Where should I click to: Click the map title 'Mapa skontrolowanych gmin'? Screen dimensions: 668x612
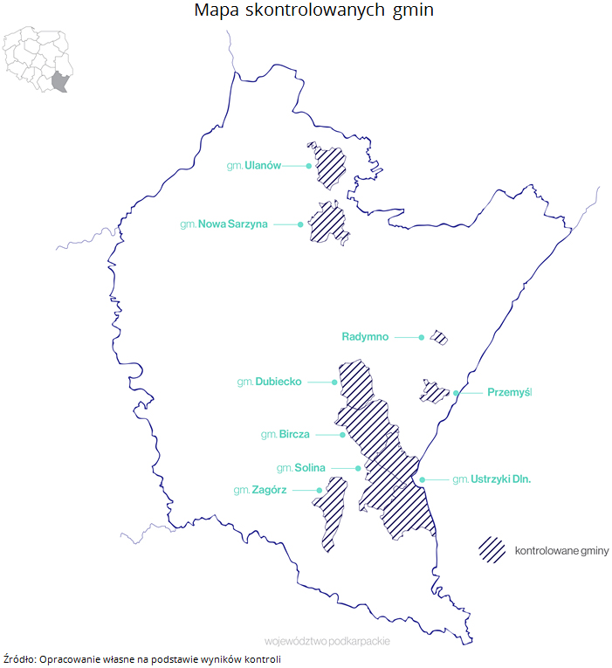click(313, 11)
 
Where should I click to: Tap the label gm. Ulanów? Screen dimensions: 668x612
click(253, 165)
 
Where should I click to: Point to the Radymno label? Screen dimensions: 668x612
click(365, 336)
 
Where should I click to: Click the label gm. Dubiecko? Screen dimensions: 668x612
click(269, 382)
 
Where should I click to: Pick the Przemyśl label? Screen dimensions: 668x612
click(510, 393)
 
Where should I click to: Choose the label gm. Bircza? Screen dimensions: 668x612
click(285, 434)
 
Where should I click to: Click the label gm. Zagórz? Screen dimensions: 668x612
click(259, 491)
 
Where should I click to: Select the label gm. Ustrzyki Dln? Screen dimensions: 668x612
click(492, 479)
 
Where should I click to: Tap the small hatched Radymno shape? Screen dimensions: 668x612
click(438, 337)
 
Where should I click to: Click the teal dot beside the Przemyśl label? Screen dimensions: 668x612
click(456, 393)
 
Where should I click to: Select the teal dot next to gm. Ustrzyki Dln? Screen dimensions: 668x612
click(422, 479)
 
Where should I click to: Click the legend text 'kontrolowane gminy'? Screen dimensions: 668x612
click(561, 550)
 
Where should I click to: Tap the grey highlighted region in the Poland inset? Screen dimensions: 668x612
click(60, 82)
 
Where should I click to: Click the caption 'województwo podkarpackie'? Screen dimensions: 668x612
click(327, 640)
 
